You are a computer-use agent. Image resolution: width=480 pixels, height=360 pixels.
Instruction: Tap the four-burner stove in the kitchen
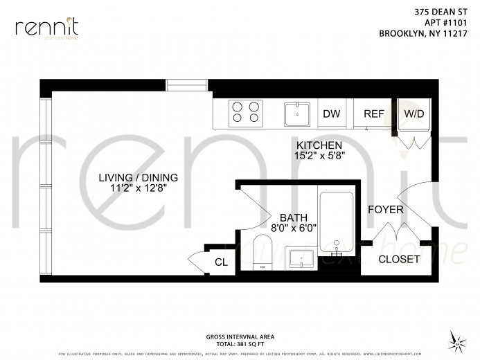click(x=246, y=112)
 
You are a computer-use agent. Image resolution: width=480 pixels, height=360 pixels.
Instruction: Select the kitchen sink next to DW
click(x=299, y=113)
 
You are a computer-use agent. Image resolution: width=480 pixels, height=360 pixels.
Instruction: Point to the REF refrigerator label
click(x=373, y=114)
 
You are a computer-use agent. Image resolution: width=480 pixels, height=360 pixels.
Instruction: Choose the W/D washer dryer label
click(x=414, y=113)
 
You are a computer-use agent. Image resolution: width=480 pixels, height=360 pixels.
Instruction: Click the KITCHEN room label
click(x=319, y=145)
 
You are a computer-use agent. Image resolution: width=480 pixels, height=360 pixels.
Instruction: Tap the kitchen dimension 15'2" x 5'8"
click(x=319, y=156)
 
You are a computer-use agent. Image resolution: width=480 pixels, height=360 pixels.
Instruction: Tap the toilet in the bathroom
click(x=262, y=251)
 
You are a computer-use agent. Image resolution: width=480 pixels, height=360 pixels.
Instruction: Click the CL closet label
click(x=221, y=262)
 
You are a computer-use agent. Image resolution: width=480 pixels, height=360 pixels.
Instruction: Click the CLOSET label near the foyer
click(x=399, y=259)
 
